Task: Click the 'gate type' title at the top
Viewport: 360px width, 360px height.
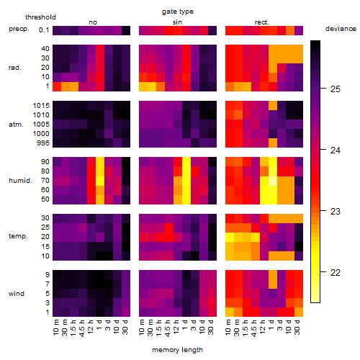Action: (178, 12)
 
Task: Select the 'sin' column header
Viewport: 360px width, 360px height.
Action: (177, 22)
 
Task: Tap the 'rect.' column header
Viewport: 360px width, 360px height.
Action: (262, 22)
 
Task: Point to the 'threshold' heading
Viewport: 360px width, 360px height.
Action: (40, 17)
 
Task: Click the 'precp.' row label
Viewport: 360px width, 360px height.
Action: (19, 29)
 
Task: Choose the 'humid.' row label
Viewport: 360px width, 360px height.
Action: (20, 180)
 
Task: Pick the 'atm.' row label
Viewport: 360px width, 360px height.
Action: (16, 125)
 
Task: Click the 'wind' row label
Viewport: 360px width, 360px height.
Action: (17, 294)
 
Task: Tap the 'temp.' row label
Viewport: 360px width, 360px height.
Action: (18, 236)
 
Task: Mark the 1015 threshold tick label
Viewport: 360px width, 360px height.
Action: (41, 105)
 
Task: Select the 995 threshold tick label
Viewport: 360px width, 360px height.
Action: (43, 143)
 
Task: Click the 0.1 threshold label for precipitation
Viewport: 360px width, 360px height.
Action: (44, 30)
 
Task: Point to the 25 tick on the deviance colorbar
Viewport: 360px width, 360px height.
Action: (336, 89)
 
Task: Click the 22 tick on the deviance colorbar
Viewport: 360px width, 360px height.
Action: (336, 273)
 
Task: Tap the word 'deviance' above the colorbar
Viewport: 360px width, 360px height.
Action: (341, 29)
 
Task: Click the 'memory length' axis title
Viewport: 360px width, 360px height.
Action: (178, 350)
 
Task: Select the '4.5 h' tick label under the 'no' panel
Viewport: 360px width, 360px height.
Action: (81, 328)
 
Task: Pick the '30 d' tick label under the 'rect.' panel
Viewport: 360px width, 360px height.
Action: (297, 327)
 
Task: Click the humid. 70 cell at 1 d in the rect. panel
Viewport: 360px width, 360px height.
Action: (273, 181)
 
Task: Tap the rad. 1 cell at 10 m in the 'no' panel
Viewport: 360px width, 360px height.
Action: (57, 86)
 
